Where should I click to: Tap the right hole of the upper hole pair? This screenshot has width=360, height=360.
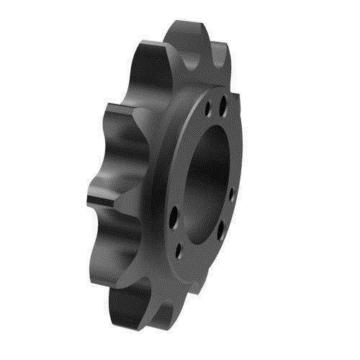222,107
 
